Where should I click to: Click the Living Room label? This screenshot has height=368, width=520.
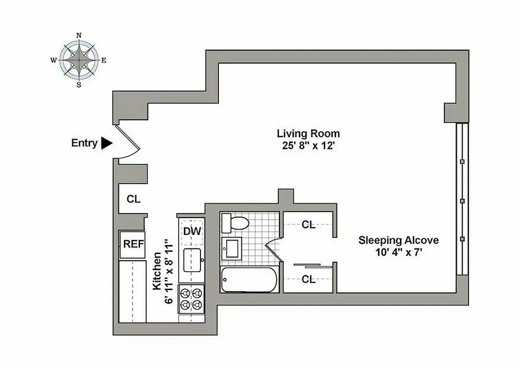(x=308, y=134)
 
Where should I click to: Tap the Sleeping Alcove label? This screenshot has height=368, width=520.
(x=398, y=240)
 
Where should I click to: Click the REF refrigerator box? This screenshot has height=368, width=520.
(x=133, y=244)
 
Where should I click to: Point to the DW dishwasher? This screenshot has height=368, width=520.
(x=192, y=231)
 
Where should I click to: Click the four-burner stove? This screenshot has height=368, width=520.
(x=191, y=299)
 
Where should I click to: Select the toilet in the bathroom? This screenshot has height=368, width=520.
(x=235, y=224)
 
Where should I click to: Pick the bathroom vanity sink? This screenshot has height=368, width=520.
(x=231, y=248)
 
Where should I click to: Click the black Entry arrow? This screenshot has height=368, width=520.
(x=106, y=143)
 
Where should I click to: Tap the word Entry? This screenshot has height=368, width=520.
(x=84, y=143)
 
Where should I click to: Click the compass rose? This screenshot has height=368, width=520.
(x=79, y=60)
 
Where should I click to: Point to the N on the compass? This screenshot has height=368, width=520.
(x=79, y=35)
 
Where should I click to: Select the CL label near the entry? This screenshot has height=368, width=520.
(x=133, y=199)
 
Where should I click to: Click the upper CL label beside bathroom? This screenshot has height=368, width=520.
(x=309, y=225)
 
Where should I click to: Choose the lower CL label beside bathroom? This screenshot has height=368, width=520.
(x=309, y=279)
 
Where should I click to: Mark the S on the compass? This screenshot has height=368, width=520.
(x=79, y=85)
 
